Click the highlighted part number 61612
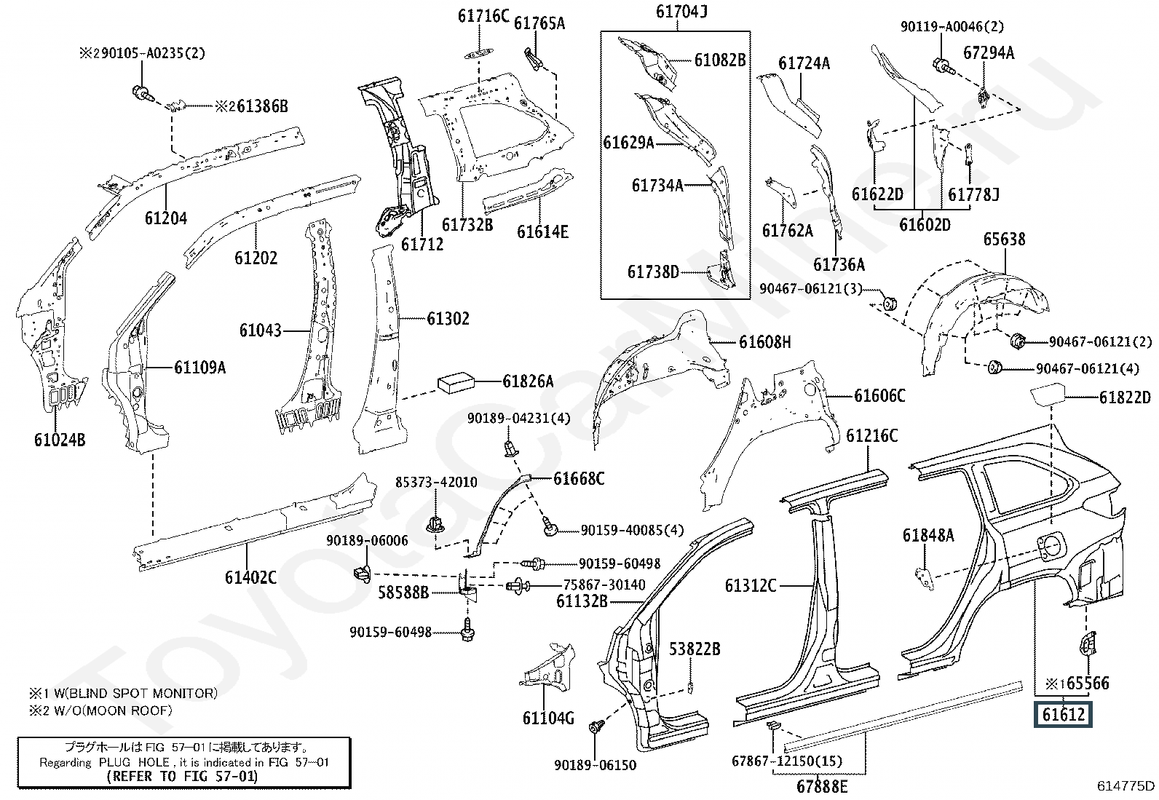tap(1063, 714)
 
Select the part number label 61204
tap(165, 218)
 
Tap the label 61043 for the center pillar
tap(260, 330)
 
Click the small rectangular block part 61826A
tap(456, 381)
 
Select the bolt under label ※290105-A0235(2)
tap(141, 93)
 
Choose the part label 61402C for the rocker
tap(250, 578)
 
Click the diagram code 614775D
tap(1126, 785)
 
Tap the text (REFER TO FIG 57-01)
tap(182, 776)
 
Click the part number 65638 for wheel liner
tap(1004, 239)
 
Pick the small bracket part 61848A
tap(924, 576)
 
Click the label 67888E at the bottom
tap(822, 786)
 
